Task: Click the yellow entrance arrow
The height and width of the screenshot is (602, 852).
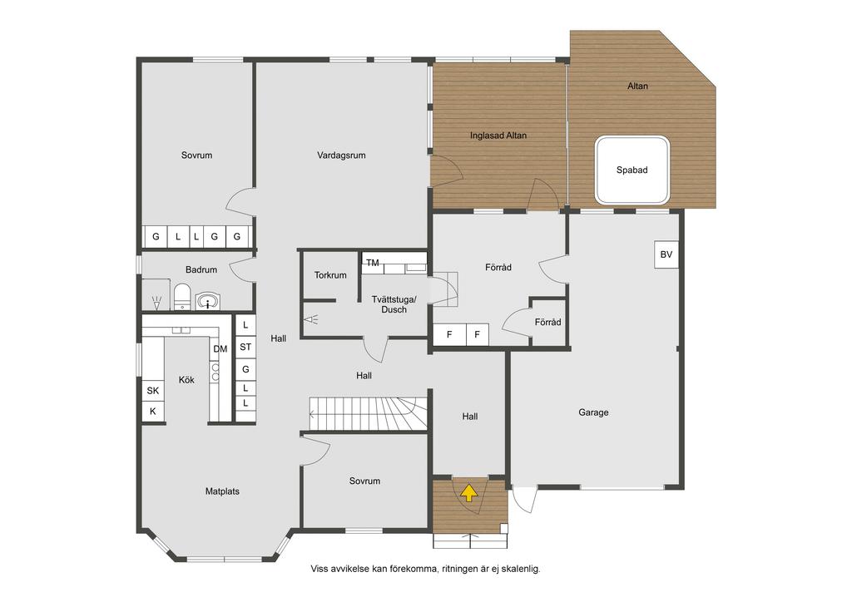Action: [469, 493]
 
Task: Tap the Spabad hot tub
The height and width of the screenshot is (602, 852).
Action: [632, 170]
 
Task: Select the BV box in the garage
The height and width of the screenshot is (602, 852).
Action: [666, 254]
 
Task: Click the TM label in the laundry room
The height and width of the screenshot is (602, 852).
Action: [372, 263]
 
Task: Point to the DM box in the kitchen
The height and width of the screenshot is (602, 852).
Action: [220, 349]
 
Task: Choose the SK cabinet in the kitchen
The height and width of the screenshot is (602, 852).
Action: [153, 391]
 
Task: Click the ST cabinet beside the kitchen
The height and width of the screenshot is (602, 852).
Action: [245, 347]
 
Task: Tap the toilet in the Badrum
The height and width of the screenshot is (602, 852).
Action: [182, 296]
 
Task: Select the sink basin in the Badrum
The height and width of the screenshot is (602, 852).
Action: [208, 301]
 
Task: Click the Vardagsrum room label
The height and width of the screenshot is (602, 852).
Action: [341, 155]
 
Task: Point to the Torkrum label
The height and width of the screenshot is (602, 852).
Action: [330, 275]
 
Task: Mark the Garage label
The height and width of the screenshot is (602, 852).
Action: [593, 412]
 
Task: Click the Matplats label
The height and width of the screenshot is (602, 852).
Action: [222, 491]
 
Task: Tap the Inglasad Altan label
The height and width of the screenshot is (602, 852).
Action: [498, 136]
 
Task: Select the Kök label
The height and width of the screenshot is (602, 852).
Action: [186, 380]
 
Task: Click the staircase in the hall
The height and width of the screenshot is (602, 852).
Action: [369, 413]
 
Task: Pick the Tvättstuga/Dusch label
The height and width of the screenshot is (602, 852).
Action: [394, 304]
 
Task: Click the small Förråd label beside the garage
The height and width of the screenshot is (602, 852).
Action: [547, 323]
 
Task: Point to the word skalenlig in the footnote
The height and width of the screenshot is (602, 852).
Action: [520, 569]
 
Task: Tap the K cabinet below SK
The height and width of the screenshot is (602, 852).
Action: [153, 412]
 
